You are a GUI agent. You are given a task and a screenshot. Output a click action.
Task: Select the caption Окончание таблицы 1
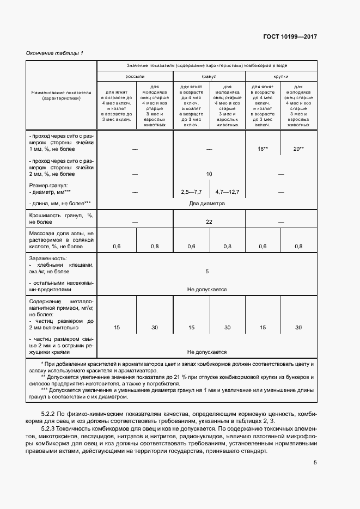[54, 53]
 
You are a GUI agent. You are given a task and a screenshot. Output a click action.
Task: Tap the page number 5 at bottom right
[315, 463]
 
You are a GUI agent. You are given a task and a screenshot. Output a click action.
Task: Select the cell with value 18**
[263, 148]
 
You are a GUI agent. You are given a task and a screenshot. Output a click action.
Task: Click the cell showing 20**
[298, 148]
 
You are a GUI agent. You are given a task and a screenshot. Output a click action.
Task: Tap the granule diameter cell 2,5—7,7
[191, 192]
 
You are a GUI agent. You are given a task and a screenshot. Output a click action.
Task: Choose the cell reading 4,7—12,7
[227, 192]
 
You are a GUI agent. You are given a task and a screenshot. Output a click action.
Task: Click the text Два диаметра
[207, 204]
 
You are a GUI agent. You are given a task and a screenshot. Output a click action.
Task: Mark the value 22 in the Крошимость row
[209, 222]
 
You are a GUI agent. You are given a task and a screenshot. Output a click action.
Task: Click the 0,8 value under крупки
[298, 247]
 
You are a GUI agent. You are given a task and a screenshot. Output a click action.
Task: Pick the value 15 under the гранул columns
[191, 328]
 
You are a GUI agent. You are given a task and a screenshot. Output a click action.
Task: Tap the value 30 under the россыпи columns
[155, 328]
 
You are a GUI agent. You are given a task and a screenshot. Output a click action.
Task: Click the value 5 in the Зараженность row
[207, 271]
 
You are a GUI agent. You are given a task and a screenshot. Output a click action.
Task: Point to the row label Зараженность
[48, 257]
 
